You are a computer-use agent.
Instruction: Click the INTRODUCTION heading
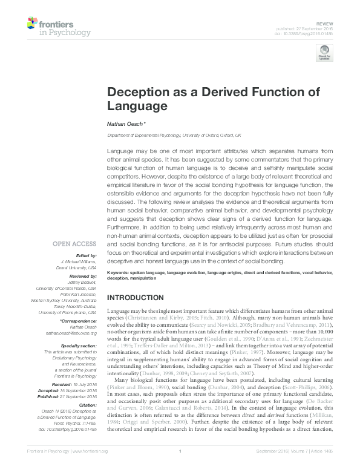(x=140, y=298)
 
